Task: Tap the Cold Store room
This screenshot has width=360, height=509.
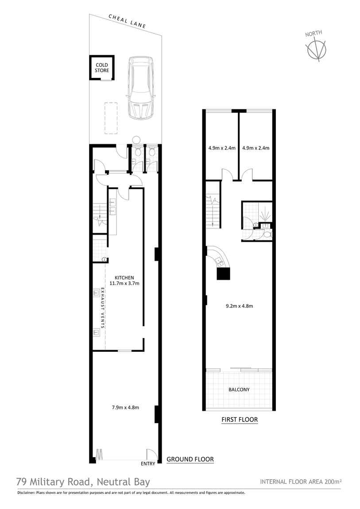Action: [102, 68]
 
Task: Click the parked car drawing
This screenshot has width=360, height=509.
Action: [140, 88]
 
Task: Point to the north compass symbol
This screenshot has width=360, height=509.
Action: [316, 47]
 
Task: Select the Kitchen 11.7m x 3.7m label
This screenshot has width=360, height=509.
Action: [124, 281]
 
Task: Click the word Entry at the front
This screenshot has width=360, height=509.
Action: [148, 463]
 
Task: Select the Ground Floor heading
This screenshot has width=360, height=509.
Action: [190, 459]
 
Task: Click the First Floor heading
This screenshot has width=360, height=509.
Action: [240, 420]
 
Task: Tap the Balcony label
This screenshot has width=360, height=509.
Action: [239, 389]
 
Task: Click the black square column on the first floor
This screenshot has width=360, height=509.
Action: [223, 273]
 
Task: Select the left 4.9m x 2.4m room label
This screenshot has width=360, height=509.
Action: [222, 148]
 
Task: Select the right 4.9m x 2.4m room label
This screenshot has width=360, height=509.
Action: [256, 148]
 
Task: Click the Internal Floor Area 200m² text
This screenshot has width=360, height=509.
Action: [301, 482]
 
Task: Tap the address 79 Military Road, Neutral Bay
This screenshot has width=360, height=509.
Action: [83, 482]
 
